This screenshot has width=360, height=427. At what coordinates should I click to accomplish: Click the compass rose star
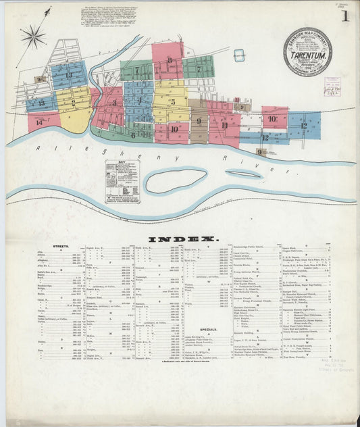(33, 36)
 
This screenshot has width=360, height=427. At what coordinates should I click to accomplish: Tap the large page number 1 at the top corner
(345, 16)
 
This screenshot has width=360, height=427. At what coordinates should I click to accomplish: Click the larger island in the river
(176, 181)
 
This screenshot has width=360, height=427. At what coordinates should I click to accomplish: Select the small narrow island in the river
(244, 174)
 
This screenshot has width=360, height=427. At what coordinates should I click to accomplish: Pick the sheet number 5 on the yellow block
(173, 103)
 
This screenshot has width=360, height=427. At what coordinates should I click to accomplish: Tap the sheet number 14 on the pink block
(39, 122)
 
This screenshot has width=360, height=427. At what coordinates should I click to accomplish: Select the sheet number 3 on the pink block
(115, 103)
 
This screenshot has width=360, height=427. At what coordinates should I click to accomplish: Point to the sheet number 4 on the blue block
(139, 101)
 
